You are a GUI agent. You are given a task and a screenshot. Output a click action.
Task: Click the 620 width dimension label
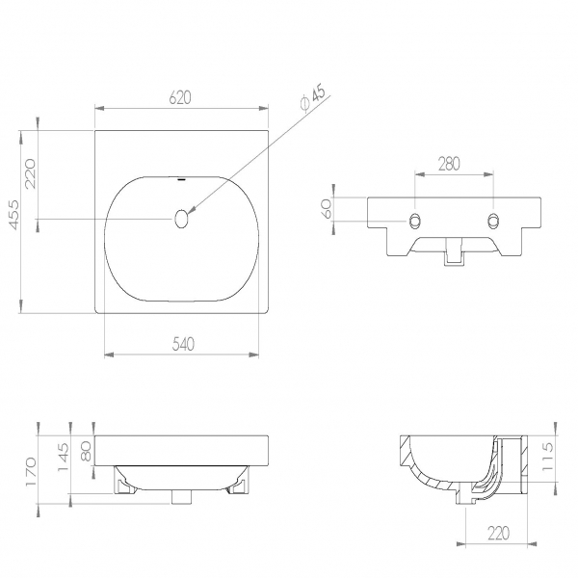pos(181,98)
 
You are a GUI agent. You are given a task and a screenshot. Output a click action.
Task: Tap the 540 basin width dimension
pos(183,344)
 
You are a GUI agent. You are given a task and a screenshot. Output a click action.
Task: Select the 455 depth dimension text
pos(13,215)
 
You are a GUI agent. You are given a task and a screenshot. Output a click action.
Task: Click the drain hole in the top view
pos(181,219)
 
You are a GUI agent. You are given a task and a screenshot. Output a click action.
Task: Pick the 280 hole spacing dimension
pos(449,164)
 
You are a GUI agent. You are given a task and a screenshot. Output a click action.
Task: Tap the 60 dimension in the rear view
pos(327,209)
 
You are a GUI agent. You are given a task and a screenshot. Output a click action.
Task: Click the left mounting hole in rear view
pos(415,221)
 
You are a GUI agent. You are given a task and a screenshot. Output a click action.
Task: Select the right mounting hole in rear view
pos(493,221)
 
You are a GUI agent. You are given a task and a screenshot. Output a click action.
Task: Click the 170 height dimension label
pos(31,472)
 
